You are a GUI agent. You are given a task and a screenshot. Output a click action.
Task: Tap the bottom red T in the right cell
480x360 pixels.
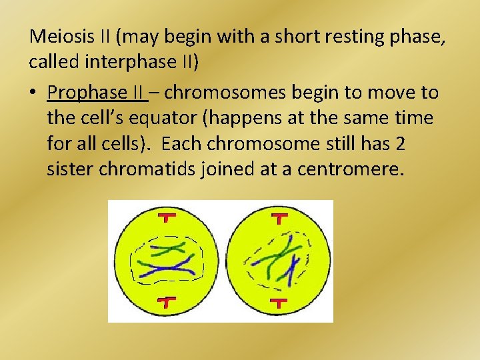pos(278,302)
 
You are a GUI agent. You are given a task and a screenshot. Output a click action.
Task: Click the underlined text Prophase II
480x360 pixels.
pos(97,92)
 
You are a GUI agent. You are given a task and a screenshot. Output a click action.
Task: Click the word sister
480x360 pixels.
pos(70,169)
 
